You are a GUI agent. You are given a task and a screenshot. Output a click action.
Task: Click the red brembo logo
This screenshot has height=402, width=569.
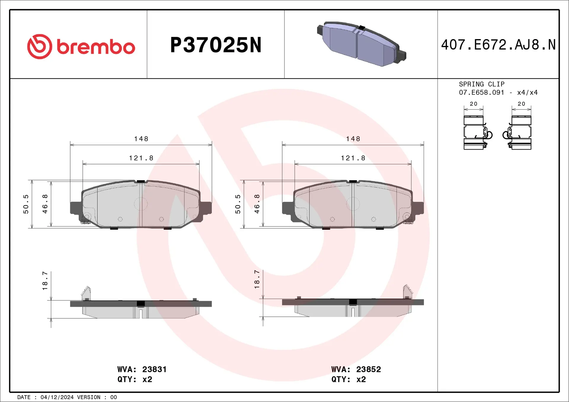[81, 46]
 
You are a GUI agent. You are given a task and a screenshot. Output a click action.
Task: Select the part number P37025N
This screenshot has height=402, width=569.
[215, 45]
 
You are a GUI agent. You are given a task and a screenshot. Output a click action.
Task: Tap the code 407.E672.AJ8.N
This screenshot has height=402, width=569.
[498, 45]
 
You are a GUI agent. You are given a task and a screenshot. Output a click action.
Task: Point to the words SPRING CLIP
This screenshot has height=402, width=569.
[482, 84]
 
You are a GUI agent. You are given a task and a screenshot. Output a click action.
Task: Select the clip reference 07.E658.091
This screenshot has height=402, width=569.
[481, 92]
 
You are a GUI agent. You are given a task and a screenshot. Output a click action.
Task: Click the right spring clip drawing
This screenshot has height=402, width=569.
[519, 133]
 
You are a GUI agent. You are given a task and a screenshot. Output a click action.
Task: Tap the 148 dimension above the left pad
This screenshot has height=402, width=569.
[141, 139]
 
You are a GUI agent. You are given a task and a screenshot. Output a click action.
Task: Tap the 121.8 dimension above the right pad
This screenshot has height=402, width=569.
[353, 158]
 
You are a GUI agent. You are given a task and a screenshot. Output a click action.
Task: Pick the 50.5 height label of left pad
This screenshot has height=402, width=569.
[26, 204]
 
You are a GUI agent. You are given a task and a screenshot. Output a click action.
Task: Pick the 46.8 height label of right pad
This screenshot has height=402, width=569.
[257, 204]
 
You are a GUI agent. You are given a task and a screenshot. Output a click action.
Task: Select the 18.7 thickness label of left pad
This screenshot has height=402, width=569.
[45, 281]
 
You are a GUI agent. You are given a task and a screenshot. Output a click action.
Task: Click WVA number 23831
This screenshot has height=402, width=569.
[154, 369]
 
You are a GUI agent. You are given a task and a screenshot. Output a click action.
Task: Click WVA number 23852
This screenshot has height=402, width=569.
[368, 369]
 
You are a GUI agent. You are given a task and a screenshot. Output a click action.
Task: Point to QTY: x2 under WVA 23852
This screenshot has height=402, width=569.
[349, 380]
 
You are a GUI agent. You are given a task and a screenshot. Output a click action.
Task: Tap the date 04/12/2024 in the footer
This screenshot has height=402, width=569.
[57, 397]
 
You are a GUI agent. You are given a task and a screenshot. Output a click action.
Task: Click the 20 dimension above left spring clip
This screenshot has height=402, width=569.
[474, 104]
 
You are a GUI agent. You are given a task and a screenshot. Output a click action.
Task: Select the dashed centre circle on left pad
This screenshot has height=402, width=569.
[141, 204]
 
